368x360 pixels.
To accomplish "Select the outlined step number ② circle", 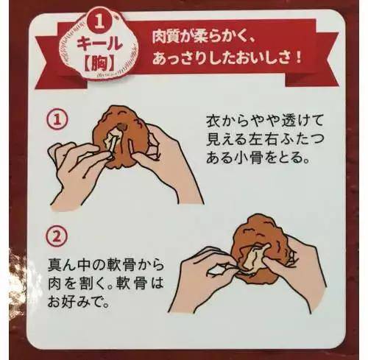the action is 56,236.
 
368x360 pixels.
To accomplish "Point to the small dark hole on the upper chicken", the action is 121,127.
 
